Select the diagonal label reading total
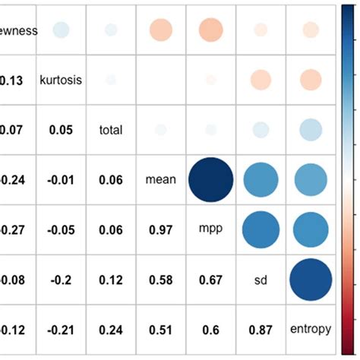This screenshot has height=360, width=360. (x=111, y=130)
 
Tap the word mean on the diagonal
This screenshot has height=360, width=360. (x=160, y=180)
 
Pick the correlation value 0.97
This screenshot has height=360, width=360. (x=160, y=229)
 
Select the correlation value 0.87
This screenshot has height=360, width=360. (x=260, y=329)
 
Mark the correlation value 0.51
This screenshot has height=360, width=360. (x=160, y=329)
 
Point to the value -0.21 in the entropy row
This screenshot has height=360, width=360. (x=61, y=329)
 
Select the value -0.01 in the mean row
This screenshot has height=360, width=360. (x=61, y=180)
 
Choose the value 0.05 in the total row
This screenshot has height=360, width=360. (x=61, y=130)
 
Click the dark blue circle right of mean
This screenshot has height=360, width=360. (x=210, y=180)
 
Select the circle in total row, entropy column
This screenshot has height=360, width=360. (x=310, y=130)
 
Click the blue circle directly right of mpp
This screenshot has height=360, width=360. (x=260, y=229)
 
